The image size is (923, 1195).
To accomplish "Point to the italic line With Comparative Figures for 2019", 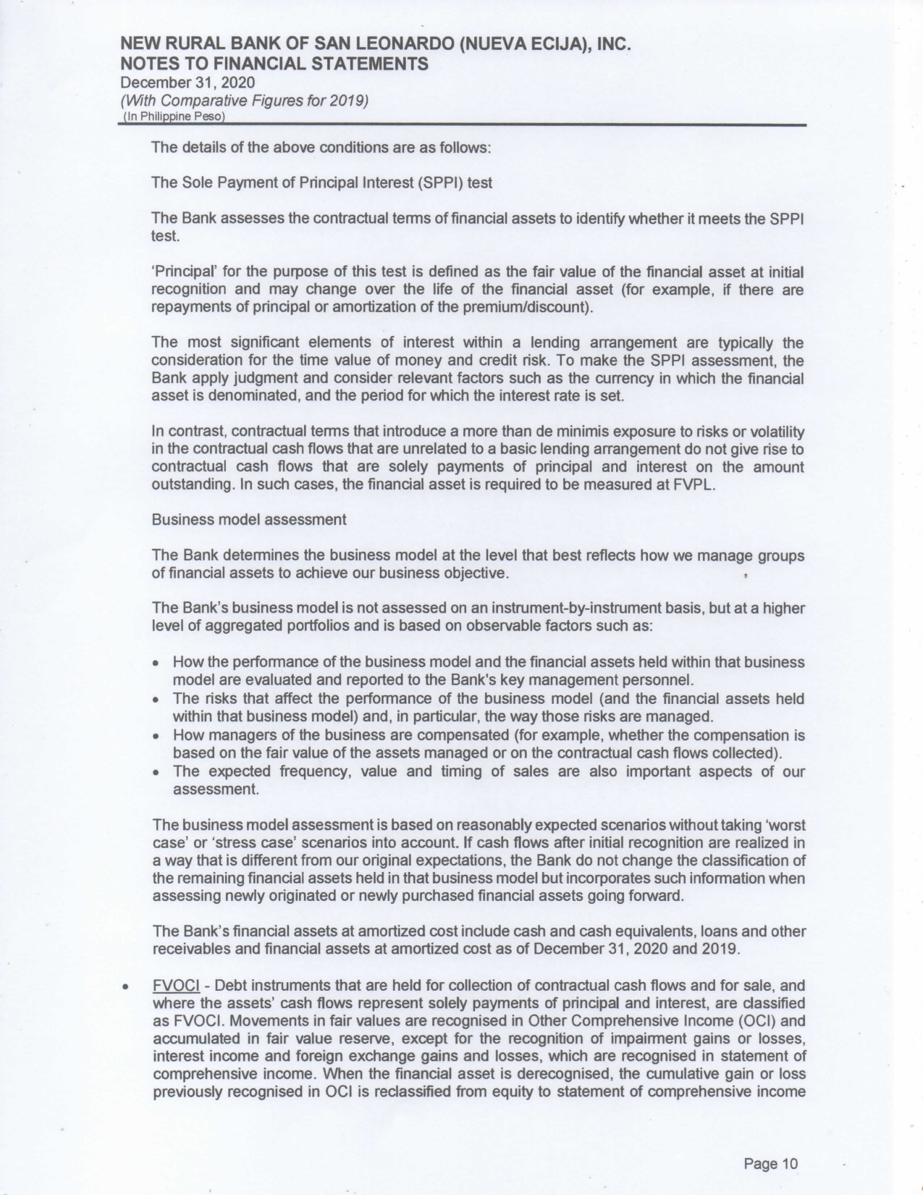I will coord(244,100).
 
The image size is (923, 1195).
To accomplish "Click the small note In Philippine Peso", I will coord(174,116).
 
